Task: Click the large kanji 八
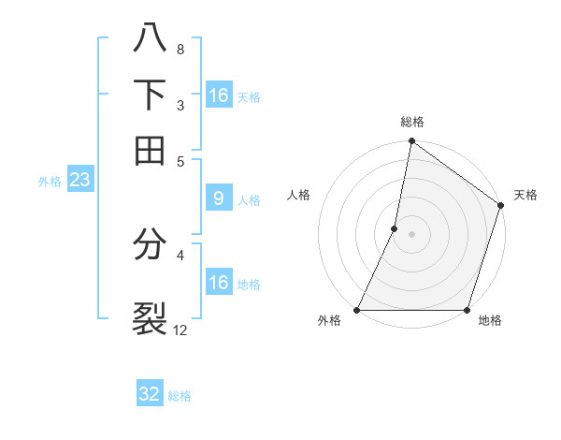coord(150,40)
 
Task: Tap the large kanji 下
coord(150,95)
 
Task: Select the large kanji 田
coord(150,149)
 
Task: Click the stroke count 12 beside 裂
coord(180,330)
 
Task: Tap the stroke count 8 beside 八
coord(180,49)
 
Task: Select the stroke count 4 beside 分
coord(180,255)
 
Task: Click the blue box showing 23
coord(79,180)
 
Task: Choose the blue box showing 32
coord(150,394)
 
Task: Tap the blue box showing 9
coord(218,198)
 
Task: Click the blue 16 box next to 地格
coord(218,283)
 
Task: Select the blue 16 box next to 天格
coord(218,95)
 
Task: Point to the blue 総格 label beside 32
coord(180,396)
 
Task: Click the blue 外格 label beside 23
coord(50,182)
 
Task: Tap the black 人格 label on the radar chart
coord(299,195)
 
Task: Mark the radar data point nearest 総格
coord(411,142)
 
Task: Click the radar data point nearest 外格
coord(357,310)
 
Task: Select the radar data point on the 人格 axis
coord(395,227)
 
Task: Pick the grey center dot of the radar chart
coord(411,233)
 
